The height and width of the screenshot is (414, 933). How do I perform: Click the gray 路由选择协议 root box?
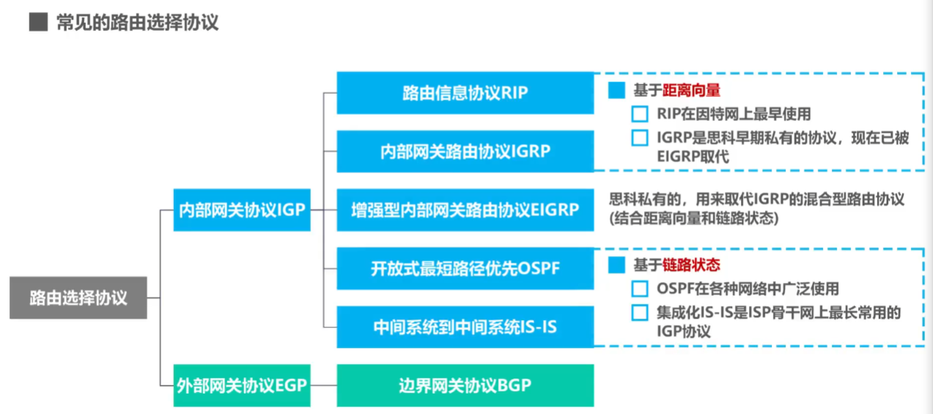(78, 298)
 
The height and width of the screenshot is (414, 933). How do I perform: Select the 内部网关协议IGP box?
(242, 210)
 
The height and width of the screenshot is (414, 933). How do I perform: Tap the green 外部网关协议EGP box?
(242, 385)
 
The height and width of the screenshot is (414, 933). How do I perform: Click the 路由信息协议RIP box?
(465, 93)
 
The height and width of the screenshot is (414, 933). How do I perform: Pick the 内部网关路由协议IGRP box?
(465, 152)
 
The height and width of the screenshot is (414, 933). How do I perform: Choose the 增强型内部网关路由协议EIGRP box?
(465, 210)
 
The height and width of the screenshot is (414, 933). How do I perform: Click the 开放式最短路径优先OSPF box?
(465, 268)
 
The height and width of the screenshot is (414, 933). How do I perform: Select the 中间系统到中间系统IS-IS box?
(465, 327)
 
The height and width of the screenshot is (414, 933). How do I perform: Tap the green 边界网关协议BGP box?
(465, 385)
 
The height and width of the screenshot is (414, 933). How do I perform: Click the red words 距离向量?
(691, 91)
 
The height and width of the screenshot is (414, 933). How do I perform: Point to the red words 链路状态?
(691, 266)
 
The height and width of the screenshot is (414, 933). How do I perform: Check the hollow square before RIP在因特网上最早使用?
(640, 114)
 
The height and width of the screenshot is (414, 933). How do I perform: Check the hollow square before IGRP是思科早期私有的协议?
(640, 138)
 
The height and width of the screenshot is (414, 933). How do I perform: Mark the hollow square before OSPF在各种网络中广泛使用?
(640, 289)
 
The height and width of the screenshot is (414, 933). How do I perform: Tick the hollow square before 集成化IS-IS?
(640, 313)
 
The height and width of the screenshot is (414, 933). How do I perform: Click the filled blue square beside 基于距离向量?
(616, 91)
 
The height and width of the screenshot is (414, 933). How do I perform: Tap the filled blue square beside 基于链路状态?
(616, 266)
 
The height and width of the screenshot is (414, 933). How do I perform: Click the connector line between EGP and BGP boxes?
(323, 385)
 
